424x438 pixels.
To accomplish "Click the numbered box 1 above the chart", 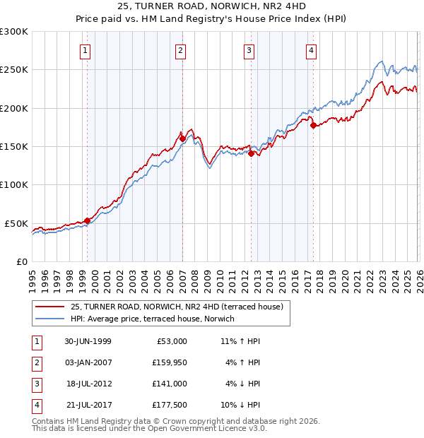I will point(85,50).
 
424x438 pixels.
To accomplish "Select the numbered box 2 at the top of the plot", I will point(180,50).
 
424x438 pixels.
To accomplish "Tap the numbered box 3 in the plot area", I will point(249,50).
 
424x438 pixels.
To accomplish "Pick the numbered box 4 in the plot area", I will point(312,50).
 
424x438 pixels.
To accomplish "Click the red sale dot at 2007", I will point(182,139).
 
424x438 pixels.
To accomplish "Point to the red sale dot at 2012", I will point(251,153).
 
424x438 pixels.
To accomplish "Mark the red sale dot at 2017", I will point(314,126).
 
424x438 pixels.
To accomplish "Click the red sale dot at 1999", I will point(88,220).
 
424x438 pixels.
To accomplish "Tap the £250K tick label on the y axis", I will point(14,70).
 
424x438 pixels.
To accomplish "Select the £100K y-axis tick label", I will point(14,184).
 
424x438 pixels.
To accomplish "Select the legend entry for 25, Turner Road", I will point(177,307).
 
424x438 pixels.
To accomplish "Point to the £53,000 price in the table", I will point(172,341).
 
